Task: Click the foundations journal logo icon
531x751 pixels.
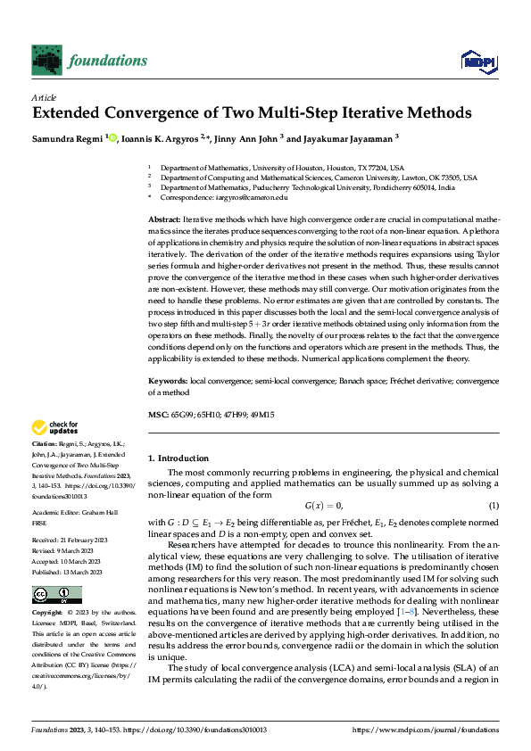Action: point(47,60)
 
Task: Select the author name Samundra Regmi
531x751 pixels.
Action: point(67,137)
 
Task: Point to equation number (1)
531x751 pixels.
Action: point(493,507)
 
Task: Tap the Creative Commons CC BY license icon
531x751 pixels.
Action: point(56,569)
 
